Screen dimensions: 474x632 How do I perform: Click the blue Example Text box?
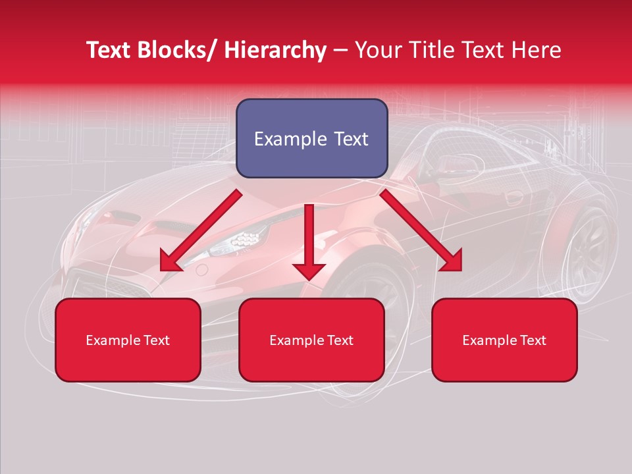tap(311, 138)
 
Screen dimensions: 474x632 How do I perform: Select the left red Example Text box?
tap(128, 340)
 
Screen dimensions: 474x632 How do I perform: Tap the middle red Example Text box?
tap(311, 340)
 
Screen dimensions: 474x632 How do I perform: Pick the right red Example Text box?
tap(504, 340)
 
